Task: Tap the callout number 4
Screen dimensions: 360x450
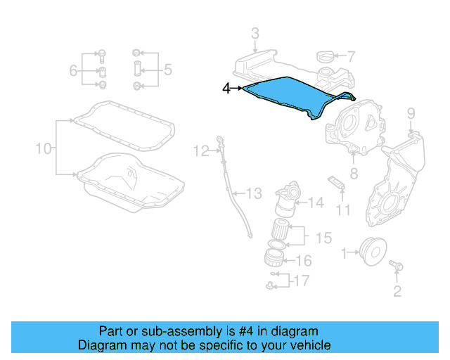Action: click(x=226, y=89)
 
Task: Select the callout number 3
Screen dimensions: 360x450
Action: click(x=255, y=33)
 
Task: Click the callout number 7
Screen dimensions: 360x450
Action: click(x=351, y=56)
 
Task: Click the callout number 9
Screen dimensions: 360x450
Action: click(x=411, y=112)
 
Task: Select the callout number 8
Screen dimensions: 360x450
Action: click(x=354, y=172)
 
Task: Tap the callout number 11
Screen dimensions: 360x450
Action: click(x=342, y=210)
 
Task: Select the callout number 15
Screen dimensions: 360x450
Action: click(x=323, y=238)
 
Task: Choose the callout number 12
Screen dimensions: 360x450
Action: click(x=202, y=150)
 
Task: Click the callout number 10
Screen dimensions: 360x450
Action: click(x=44, y=148)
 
